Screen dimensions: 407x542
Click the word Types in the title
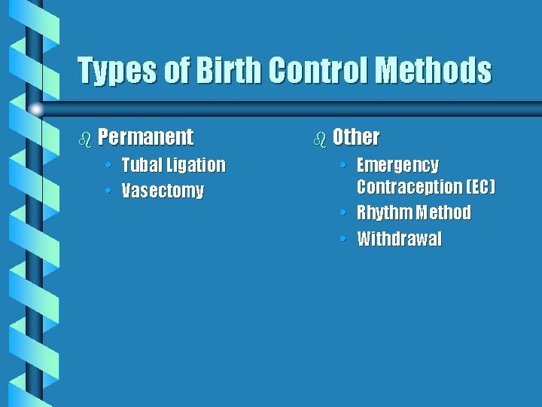tap(117, 72)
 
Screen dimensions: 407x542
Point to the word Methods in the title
tap(434, 72)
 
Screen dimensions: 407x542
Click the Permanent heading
tap(146, 137)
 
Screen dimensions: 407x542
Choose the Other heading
tap(356, 137)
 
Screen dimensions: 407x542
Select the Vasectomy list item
tap(163, 191)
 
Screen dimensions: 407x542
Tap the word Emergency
tap(397, 165)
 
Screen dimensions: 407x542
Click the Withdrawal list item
tap(399, 240)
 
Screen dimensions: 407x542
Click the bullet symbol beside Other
tap(320, 138)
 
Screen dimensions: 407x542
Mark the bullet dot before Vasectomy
tap(111, 191)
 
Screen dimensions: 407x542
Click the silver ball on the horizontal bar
tap(35, 110)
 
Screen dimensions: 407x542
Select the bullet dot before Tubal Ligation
tap(111, 164)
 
